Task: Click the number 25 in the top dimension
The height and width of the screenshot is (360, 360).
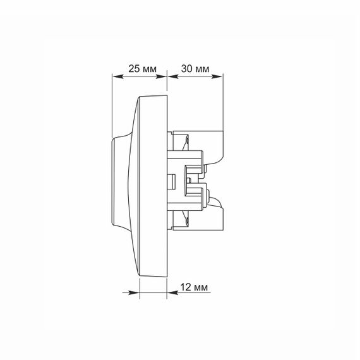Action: click(134, 69)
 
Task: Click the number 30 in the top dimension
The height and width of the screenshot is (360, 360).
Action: click(186, 69)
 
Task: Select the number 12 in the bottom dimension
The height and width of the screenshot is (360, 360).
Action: click(186, 287)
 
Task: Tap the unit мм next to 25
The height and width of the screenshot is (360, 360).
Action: click(150, 69)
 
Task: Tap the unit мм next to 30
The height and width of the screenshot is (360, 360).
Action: click(202, 69)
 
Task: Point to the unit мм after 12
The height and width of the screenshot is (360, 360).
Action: click(201, 287)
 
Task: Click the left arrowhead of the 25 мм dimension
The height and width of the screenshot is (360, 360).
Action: click(117, 76)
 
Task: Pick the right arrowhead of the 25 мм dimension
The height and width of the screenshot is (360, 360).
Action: click(161, 76)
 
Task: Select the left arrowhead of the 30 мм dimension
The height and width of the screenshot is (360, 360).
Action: click(173, 76)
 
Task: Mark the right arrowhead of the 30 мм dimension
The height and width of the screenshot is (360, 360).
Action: click(217, 76)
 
